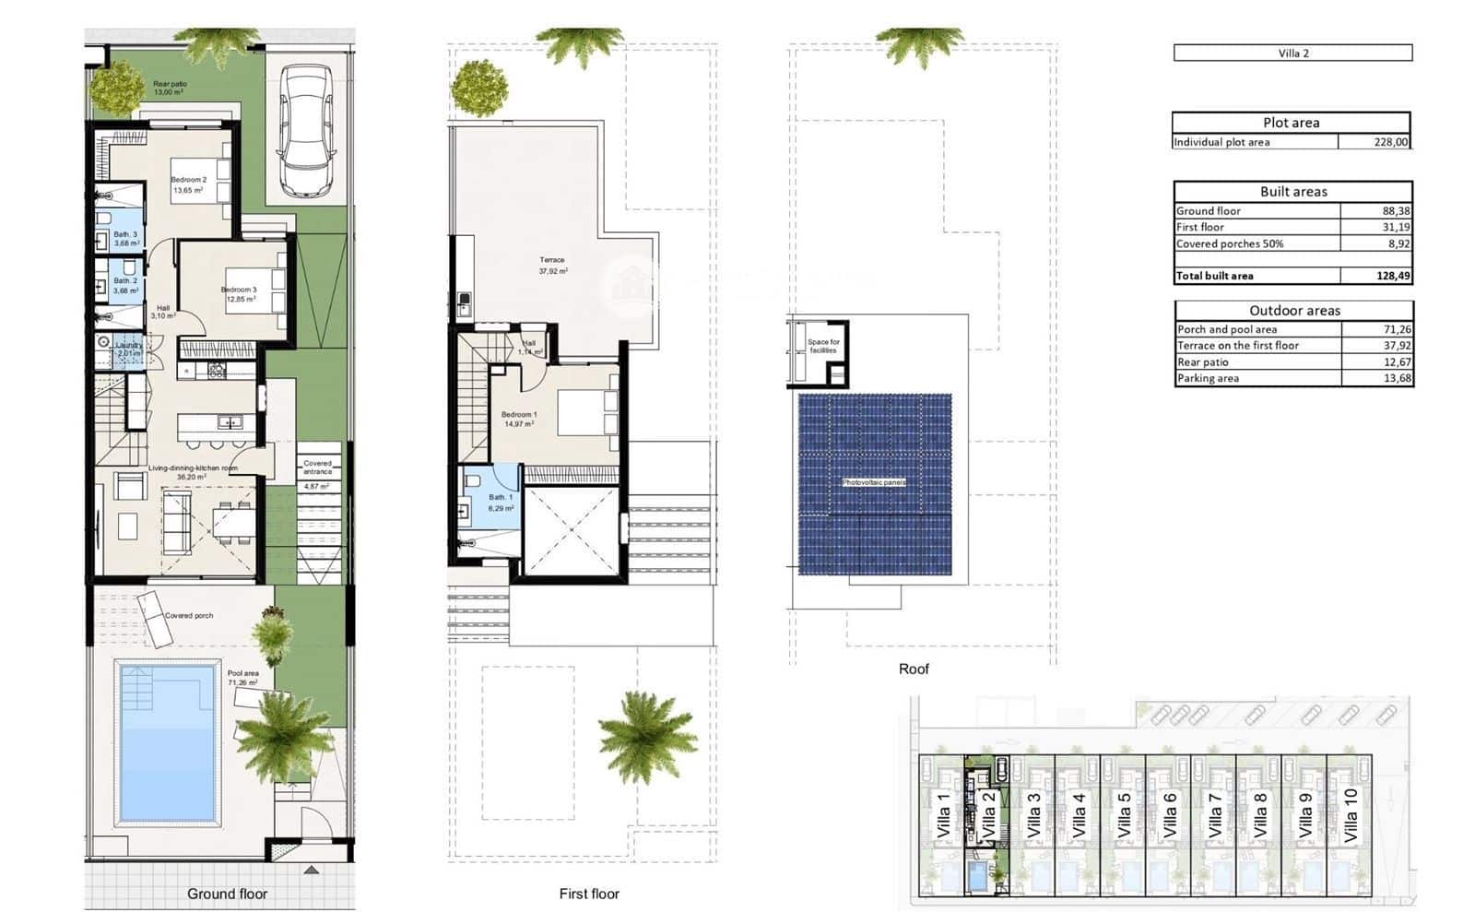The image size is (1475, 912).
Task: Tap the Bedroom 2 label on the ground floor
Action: [x=188, y=181]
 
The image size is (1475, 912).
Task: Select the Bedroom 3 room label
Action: [x=239, y=290]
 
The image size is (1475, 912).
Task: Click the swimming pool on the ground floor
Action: [x=167, y=742]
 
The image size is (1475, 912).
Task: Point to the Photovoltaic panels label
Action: [x=873, y=482]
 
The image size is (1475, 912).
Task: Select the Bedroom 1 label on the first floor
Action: [x=519, y=416]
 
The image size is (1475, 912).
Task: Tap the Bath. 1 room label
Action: [x=501, y=499]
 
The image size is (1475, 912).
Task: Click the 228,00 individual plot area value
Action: [x=1390, y=142]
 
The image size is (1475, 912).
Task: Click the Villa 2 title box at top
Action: [x=1292, y=53]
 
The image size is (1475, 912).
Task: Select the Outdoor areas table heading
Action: [x=1294, y=311]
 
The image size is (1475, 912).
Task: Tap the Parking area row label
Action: [x=1208, y=378]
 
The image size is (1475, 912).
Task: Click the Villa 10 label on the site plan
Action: [x=1351, y=814]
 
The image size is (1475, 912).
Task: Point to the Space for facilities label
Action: [x=823, y=346]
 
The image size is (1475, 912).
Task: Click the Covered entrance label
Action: [x=317, y=468]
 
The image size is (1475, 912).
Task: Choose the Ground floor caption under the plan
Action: [x=227, y=894]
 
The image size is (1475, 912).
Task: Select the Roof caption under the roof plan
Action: [x=914, y=669]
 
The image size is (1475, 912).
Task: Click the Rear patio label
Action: [x=170, y=85]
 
